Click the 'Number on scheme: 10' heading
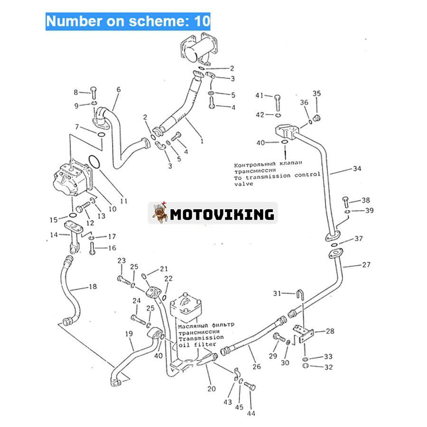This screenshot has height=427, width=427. pos(128,21)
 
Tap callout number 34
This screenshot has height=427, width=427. pos(357,168)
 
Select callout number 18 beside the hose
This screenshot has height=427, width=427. pos(93,286)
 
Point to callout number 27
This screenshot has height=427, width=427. pos(366,265)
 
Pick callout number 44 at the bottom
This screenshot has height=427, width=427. pos(251,413)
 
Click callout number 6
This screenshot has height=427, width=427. pos(118,89)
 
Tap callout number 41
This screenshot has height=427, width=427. pos(259,95)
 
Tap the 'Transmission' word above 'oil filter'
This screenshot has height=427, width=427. pos(200,337)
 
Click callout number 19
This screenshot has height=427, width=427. pos(129,334)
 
